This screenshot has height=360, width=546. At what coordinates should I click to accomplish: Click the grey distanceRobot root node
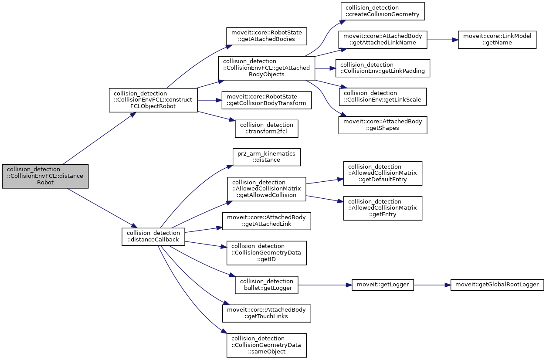[x=45, y=176]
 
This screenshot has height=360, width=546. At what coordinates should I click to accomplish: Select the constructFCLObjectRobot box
[x=153, y=100]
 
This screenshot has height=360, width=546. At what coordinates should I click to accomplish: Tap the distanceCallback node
[x=153, y=236]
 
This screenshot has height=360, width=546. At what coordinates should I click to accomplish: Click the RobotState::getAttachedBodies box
[x=267, y=36]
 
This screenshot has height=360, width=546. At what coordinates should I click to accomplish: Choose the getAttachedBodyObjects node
[x=266, y=68]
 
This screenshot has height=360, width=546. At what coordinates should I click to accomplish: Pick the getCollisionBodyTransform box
[x=267, y=100]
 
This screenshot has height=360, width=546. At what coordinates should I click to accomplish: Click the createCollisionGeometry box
[x=383, y=11]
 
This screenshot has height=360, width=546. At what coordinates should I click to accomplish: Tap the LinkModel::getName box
[x=497, y=40]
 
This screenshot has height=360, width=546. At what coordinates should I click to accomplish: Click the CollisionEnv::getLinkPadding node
[x=383, y=68]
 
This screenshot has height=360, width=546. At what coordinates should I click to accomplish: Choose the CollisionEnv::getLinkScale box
[x=383, y=96]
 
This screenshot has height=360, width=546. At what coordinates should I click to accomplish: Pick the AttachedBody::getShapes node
[x=383, y=125]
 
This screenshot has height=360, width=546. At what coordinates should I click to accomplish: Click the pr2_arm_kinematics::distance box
[x=267, y=157]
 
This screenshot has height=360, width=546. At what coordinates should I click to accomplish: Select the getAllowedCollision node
[x=266, y=188]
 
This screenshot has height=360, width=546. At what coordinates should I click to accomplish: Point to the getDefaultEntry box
[x=383, y=173]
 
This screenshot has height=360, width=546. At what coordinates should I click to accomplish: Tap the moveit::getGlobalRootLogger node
[x=497, y=285]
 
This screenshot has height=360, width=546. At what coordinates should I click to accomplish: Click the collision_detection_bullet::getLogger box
[x=267, y=285]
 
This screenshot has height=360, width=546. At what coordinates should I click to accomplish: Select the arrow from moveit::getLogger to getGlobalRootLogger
[x=432, y=285]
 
